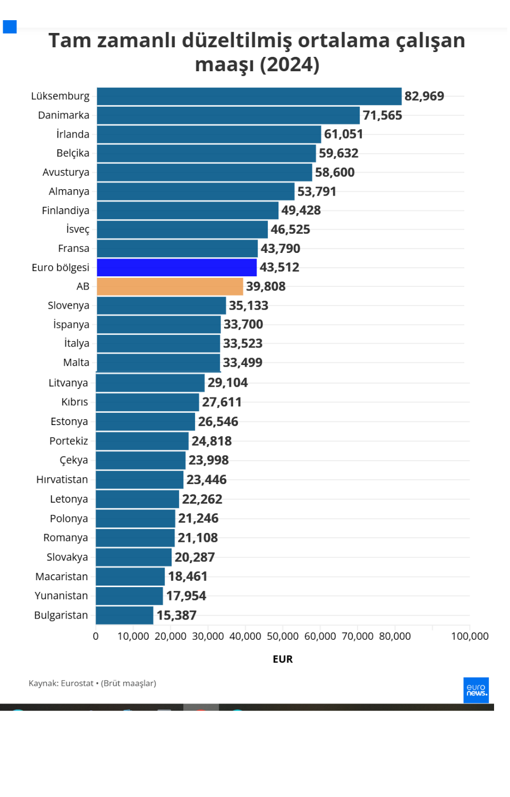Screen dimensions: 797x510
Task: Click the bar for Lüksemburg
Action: (249, 96)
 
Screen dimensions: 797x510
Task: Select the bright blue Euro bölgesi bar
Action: (176, 267)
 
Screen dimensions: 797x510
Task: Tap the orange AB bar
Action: (169, 286)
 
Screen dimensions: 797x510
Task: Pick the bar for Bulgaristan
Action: (124, 615)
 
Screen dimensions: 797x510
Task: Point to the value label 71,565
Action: (382, 115)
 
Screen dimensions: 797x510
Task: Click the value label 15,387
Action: (176, 615)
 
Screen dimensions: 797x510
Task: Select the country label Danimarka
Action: (64, 115)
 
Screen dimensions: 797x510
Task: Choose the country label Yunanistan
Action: (61, 596)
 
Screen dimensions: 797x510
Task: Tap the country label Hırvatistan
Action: (62, 479)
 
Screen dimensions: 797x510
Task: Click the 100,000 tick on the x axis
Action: (470, 636)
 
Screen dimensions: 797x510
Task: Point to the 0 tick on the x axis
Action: (96, 636)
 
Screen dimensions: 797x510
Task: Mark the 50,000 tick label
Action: (283, 636)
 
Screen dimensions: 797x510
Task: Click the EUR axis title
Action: (283, 659)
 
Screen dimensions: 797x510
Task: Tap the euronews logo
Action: (476, 690)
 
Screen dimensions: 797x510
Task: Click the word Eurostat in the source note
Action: (77, 683)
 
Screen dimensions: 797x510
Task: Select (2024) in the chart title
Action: (289, 65)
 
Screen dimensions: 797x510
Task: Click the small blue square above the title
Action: (10, 27)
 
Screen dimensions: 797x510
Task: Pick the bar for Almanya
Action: (195, 191)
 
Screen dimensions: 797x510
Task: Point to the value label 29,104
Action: (227, 383)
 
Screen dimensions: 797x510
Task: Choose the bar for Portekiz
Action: (142, 441)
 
